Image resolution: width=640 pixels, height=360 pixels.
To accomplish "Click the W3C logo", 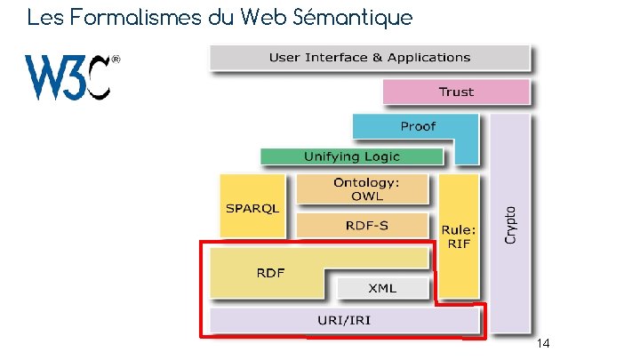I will [x=69, y=77].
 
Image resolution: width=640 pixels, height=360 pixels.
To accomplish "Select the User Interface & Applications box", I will [x=369, y=58].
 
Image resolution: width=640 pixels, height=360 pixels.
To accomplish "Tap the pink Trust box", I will [x=455, y=92].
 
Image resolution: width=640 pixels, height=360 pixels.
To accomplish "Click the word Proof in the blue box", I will [x=418, y=126].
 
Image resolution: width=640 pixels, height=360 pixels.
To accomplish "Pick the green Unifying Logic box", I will [x=352, y=156].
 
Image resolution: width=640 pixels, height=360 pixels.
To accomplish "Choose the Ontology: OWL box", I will [x=361, y=188].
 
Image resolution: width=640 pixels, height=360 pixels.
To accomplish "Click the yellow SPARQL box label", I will [x=252, y=208].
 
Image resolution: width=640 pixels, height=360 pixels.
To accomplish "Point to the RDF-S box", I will [x=366, y=225].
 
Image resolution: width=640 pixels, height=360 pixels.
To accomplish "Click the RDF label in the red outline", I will [x=270, y=271].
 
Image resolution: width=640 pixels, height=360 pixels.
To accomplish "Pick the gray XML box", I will [x=383, y=288].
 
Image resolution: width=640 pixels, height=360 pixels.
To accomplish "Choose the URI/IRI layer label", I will [x=344, y=318].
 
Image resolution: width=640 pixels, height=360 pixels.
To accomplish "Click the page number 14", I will [x=544, y=343].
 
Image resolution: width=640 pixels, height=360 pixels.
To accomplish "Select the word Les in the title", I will [x=43, y=17].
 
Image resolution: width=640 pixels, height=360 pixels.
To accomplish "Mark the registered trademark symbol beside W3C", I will [x=116, y=60].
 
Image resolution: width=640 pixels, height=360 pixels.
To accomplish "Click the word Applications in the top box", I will [x=428, y=58].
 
